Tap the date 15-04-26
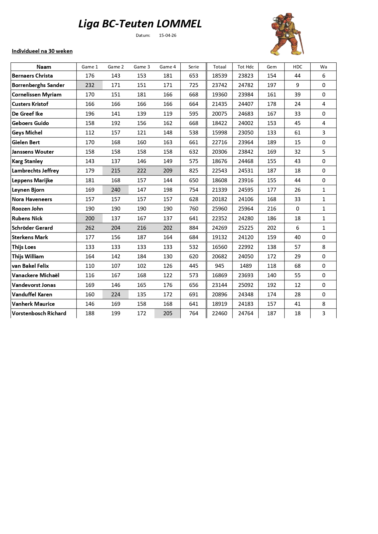[168, 35]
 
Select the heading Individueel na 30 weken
[42, 51]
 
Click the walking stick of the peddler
[301, 43]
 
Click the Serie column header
[193, 67]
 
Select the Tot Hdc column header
[246, 67]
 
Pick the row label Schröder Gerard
[32, 228]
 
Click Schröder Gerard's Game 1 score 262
[90, 228]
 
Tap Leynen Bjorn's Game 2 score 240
[116, 190]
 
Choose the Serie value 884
[193, 228]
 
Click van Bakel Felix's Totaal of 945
[219, 266]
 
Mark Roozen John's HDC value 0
[297, 209]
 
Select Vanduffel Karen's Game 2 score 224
[116, 295]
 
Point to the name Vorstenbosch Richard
[39, 313]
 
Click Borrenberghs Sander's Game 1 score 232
[90, 85]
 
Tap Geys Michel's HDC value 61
[297, 133]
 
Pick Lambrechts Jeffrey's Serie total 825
[193, 171]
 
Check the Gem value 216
[271, 209]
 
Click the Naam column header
[44, 67]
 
